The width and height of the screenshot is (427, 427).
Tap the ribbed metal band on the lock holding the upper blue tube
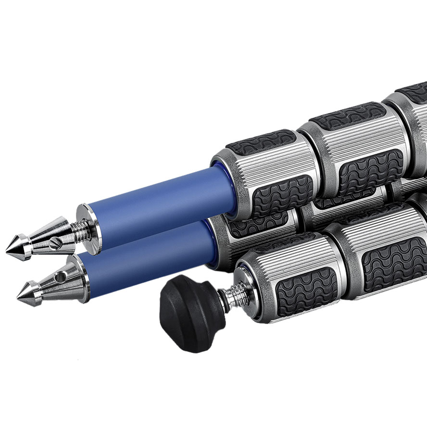(269, 165)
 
